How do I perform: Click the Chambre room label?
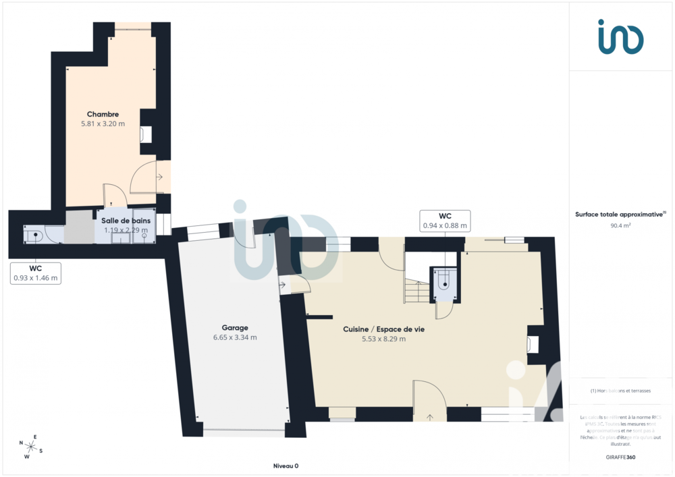(x=103, y=114)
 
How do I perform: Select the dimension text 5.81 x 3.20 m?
(x=103, y=124)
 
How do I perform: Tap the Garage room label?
(x=235, y=327)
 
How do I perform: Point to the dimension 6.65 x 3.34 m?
(x=235, y=337)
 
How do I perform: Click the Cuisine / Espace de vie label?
(x=383, y=329)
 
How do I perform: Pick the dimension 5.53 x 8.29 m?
(x=383, y=339)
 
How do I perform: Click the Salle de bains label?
(x=126, y=220)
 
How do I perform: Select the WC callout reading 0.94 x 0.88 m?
(x=445, y=221)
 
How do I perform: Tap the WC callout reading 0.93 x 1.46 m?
(x=36, y=273)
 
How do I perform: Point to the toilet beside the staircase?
(x=445, y=281)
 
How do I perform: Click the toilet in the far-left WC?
(x=34, y=235)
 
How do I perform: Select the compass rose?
(x=31, y=446)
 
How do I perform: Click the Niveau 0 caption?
(x=286, y=466)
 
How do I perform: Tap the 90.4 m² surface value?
(x=620, y=226)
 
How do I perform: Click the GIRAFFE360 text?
(x=620, y=457)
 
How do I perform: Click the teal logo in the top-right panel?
(x=620, y=36)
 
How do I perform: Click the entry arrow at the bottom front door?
(x=430, y=416)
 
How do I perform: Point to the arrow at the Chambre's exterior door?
(x=159, y=177)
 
